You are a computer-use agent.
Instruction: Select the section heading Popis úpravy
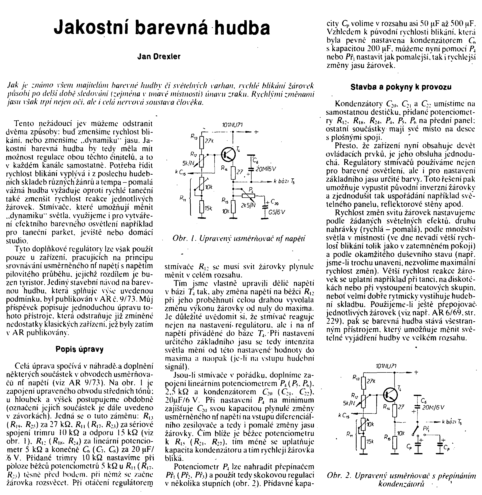(79, 350)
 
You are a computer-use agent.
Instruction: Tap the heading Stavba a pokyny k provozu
(401, 87)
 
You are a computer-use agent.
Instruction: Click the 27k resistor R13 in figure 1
(202, 142)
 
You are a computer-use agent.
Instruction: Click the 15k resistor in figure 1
(202, 207)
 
